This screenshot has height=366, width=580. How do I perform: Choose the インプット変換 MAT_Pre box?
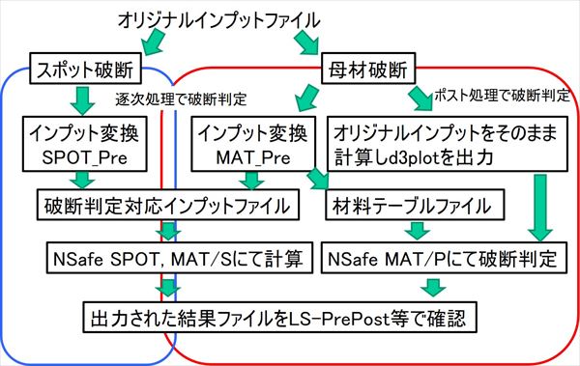(x=252, y=141)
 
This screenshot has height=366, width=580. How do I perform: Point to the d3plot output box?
(x=444, y=141)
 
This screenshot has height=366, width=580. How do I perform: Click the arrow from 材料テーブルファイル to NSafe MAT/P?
(x=417, y=231)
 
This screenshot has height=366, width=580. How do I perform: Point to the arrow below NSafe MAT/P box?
(x=432, y=285)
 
